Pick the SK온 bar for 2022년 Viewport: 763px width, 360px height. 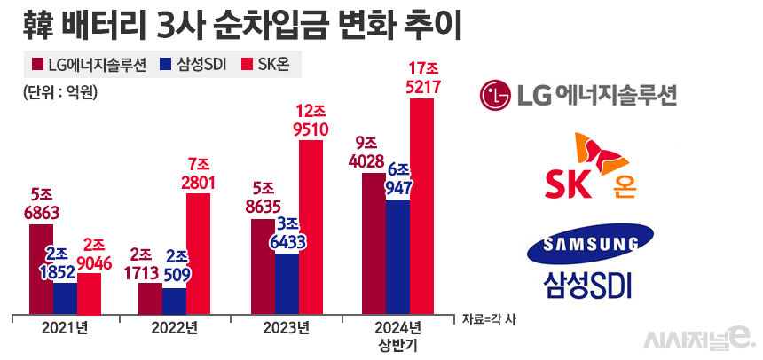click(x=198, y=253)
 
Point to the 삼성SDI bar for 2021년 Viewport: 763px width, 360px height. click(x=65, y=298)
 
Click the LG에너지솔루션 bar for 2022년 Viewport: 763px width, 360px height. click(x=151, y=298)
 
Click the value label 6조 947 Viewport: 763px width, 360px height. click(x=398, y=179)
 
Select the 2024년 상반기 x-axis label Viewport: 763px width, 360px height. click(x=398, y=333)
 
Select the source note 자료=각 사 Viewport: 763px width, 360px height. click(x=488, y=317)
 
